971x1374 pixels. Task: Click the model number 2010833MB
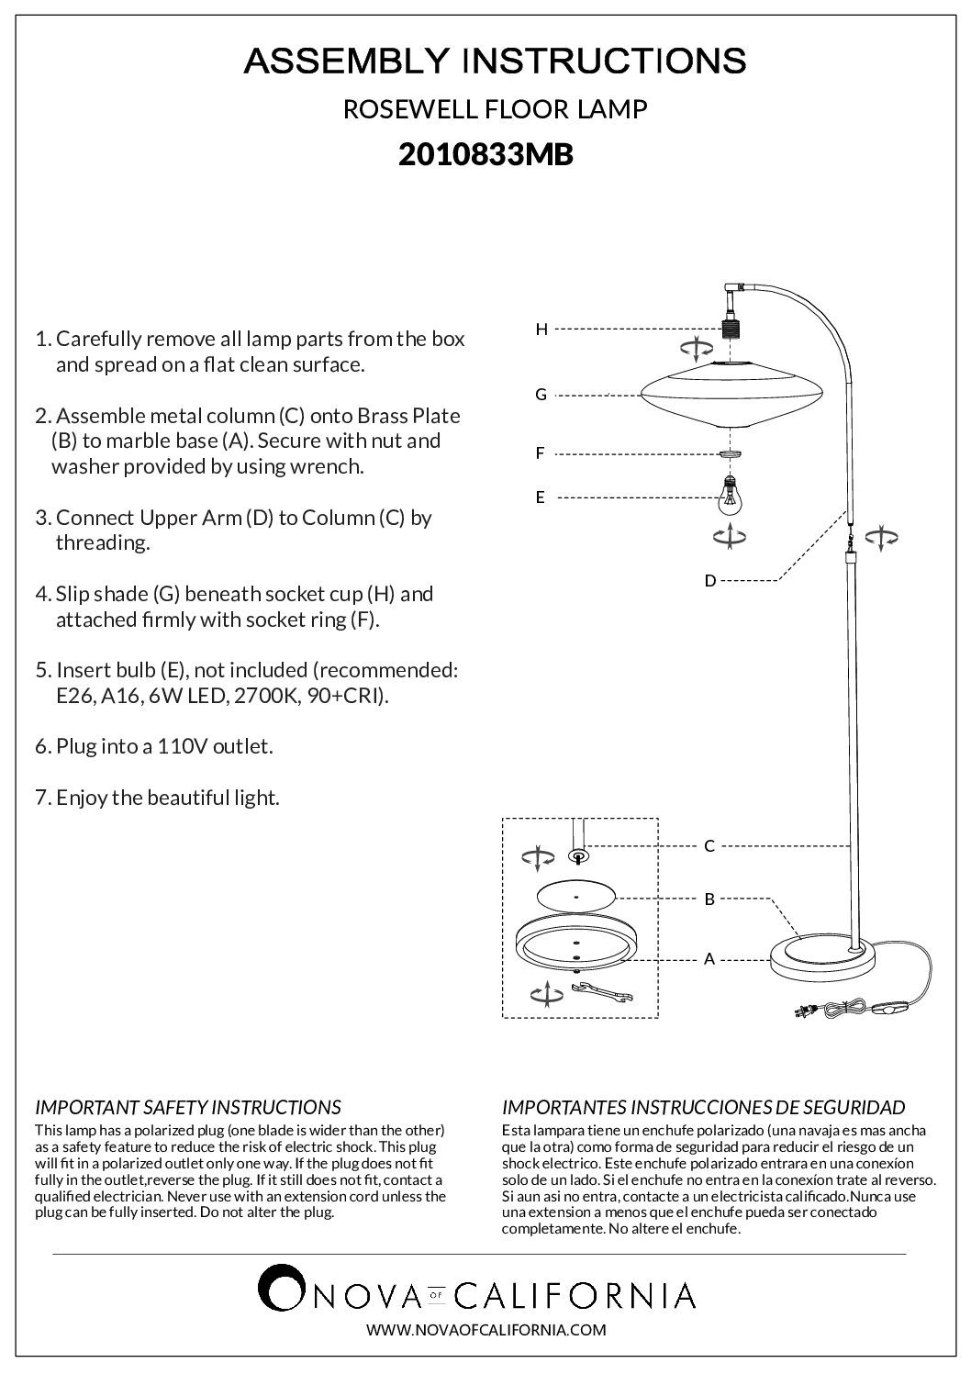(x=485, y=155)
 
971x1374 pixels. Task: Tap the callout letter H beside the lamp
(x=541, y=329)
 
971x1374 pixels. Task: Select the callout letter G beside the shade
(x=541, y=395)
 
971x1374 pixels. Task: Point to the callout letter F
(x=541, y=452)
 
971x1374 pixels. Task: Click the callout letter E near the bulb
(x=541, y=497)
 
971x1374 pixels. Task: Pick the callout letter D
(x=709, y=581)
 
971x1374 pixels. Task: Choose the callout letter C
(x=709, y=846)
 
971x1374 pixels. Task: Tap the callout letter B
(x=709, y=899)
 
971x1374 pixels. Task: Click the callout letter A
(x=709, y=959)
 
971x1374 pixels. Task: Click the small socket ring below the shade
(x=730, y=453)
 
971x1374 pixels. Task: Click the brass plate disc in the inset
(x=575, y=895)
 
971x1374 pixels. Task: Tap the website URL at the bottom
(x=485, y=1329)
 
